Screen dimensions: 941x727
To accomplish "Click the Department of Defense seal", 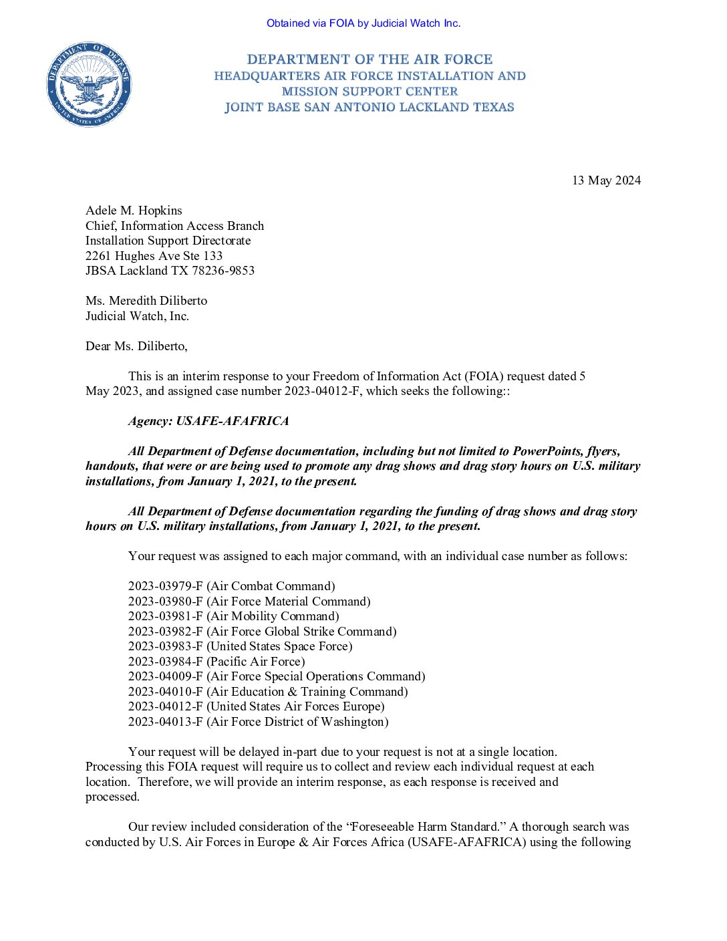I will tap(89, 84).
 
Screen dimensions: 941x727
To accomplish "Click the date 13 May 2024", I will tap(606, 180).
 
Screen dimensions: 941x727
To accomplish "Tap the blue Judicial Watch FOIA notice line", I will tap(363, 23).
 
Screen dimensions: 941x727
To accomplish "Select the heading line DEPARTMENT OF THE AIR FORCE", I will tap(370, 59).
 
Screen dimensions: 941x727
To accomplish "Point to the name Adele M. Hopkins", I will tap(134, 211).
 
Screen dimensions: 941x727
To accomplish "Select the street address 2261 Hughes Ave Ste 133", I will tap(154, 256).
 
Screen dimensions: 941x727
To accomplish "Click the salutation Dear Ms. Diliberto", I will tap(136, 346).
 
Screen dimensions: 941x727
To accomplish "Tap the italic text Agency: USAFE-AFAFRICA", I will tap(208, 421).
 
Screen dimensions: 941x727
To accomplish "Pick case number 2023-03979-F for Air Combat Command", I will tap(165, 587).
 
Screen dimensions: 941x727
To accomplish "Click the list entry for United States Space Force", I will tap(240, 646).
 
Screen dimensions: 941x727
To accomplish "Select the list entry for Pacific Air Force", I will tap(216, 662).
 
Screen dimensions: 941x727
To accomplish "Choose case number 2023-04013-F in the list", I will tap(165, 722).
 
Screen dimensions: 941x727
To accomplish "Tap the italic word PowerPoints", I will tap(546, 451).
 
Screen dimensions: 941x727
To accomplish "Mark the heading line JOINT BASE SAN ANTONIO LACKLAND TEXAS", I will tap(370, 107).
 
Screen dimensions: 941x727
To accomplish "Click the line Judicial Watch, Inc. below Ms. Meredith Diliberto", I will tap(137, 316).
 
